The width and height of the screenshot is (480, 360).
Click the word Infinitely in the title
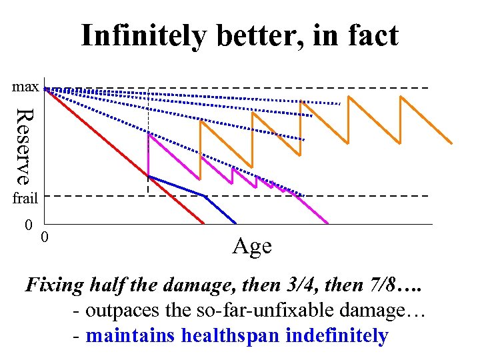click(143, 36)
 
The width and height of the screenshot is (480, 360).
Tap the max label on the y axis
click(25, 87)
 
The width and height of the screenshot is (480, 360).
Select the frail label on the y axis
click(25, 197)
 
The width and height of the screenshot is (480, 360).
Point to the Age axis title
click(252, 246)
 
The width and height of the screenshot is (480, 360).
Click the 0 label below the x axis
click(44, 237)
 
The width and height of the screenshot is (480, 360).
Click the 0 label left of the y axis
click(28, 224)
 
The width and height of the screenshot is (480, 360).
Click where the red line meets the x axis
click(204, 223)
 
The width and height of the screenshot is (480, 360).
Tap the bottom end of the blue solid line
click(236, 223)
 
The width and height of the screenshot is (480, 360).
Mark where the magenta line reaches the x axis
click(328, 223)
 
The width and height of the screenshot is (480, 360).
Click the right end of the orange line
click(452, 143)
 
